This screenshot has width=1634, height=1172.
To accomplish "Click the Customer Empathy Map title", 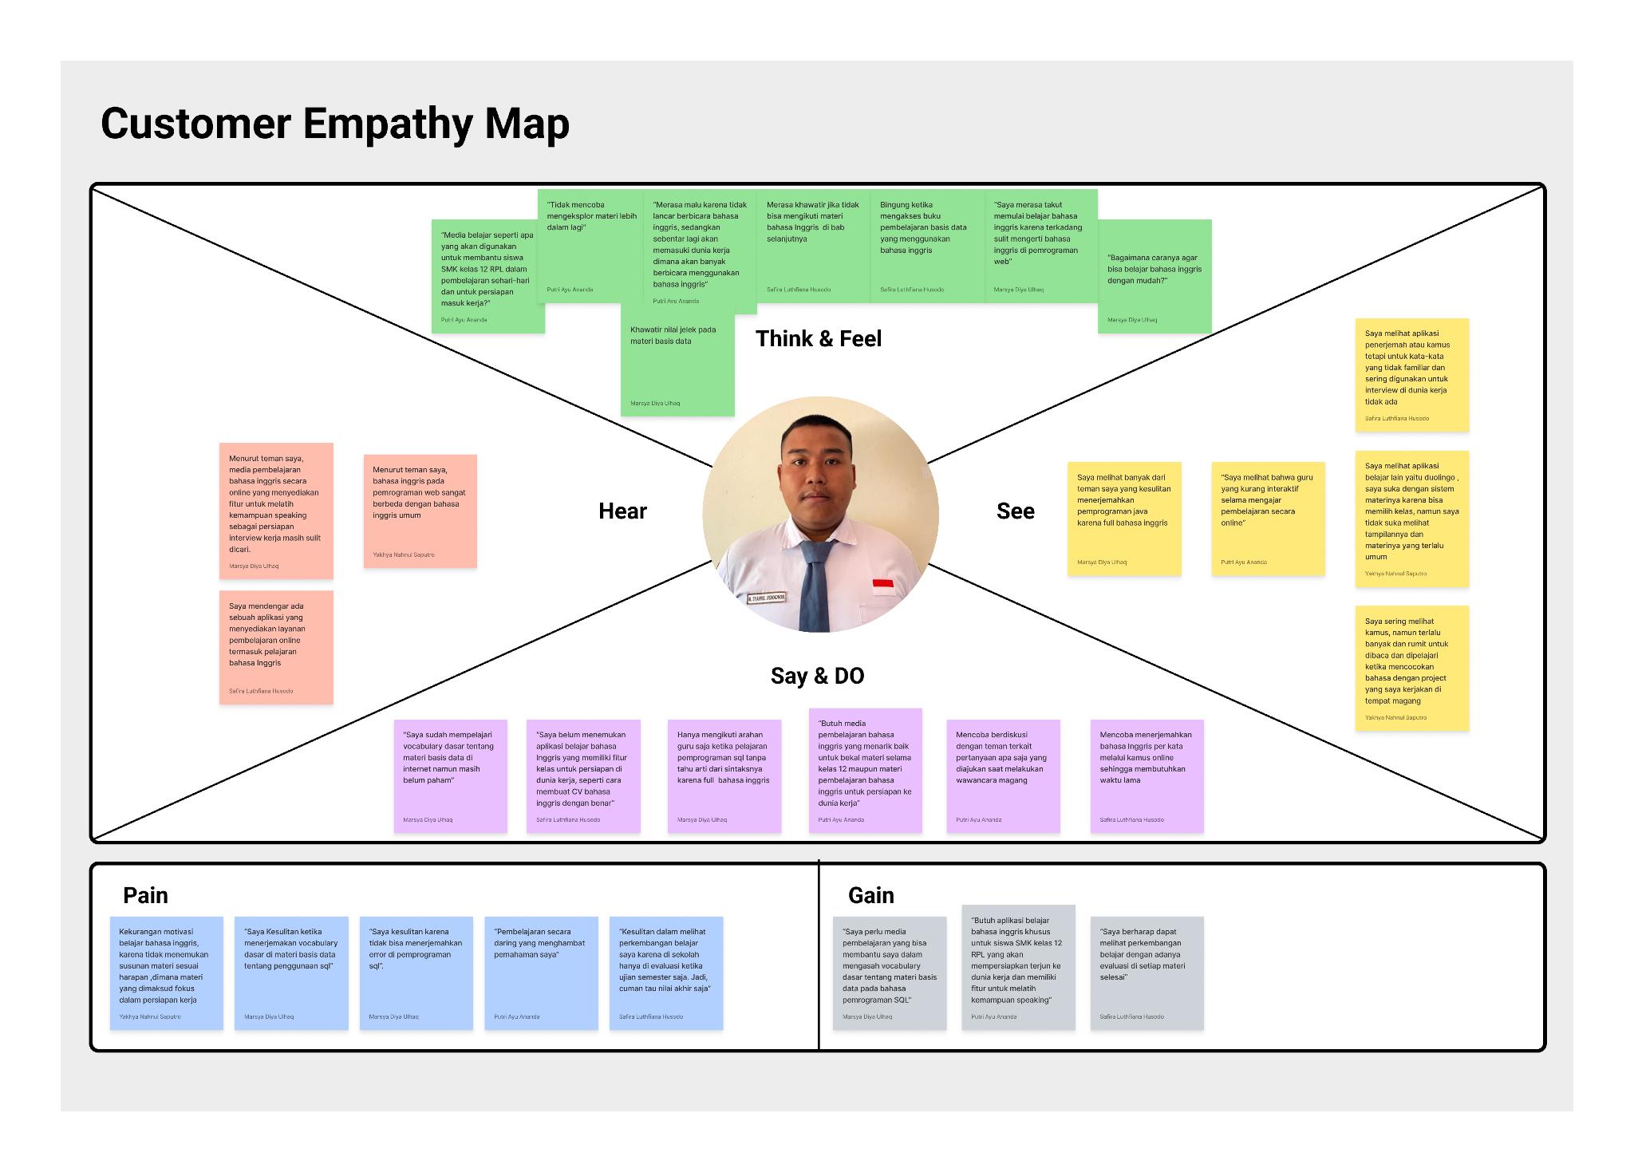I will point(335,124).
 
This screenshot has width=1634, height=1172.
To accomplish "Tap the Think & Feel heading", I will point(819,339).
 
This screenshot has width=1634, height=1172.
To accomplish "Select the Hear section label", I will point(622,511).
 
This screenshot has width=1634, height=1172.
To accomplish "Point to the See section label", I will point(1015,511).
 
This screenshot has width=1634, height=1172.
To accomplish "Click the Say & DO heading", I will point(817,676).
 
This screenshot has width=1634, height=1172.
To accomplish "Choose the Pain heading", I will point(145,895).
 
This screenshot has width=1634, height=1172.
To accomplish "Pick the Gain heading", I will point(870,895).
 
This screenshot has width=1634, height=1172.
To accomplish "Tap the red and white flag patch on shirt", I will point(882,586).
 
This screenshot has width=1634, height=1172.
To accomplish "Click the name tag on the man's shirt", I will point(766,598).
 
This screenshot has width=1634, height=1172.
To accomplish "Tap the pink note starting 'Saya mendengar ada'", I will point(276,647).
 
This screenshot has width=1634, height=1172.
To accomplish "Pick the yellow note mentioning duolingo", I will point(1411,519).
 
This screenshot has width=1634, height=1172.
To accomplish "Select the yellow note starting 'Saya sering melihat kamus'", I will point(1411,668).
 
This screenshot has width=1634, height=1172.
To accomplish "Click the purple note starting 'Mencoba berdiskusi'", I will point(1003,775).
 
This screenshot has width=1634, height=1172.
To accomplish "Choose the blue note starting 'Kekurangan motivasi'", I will point(166,973).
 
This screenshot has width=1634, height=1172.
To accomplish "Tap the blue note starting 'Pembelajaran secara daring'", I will point(541,973).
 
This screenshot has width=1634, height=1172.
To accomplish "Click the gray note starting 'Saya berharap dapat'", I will point(1147,973).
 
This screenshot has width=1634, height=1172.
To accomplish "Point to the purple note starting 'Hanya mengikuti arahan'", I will point(724,775).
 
